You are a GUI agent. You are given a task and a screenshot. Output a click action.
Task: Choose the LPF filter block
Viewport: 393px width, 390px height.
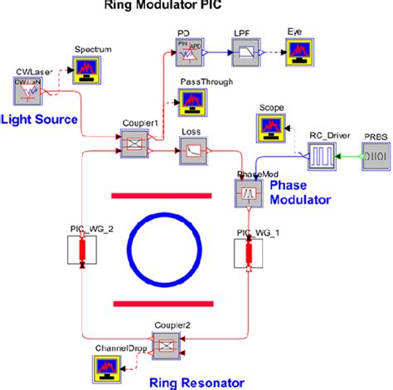click(243, 52)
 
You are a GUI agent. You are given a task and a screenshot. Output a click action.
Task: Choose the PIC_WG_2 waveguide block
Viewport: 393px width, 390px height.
click(81, 254)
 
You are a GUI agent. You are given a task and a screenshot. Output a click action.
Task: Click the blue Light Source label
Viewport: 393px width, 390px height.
click(39, 120)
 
